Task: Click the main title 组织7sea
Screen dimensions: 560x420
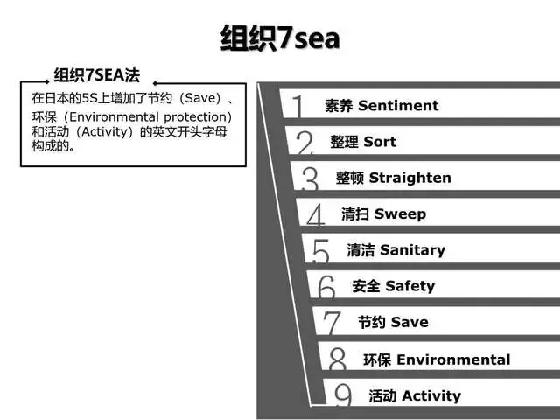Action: pos(280,38)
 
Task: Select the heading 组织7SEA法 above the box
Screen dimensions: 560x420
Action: pos(97,75)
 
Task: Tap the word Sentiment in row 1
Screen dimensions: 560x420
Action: pos(398,105)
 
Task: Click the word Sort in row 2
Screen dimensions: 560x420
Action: pos(380,142)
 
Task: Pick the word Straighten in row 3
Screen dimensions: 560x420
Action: pos(410,178)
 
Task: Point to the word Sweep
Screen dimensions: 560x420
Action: pos(400,214)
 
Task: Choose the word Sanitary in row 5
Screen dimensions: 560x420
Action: pos(412,250)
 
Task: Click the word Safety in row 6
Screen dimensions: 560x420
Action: pos(410,286)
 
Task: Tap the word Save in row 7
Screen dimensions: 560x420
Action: pos(409,323)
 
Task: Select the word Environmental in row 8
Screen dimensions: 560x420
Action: pos(453,360)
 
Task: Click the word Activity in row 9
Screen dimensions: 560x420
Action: pos(431,396)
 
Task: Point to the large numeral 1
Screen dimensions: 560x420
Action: pos(297,106)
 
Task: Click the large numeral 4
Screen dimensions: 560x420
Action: pos(316,215)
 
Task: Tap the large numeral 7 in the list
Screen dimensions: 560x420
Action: pos(332,323)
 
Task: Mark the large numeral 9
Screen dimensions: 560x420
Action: pos(343,395)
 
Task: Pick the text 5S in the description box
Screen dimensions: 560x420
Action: pos(89,98)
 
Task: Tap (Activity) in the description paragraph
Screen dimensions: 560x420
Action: pos(107,132)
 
